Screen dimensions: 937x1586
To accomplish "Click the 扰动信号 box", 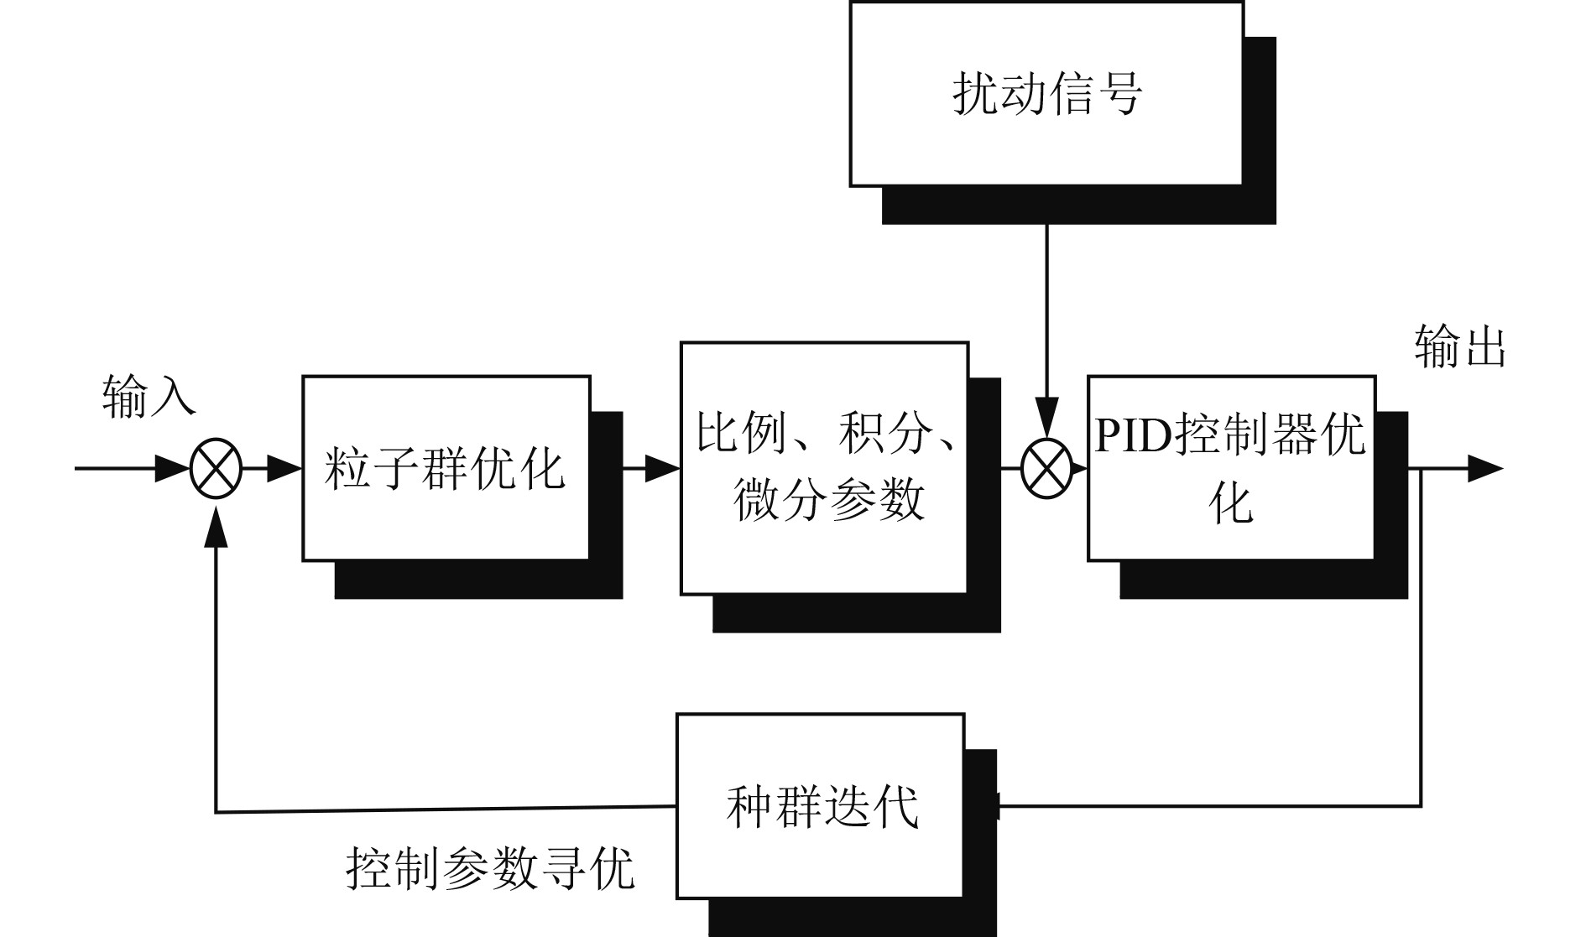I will coord(1046,93).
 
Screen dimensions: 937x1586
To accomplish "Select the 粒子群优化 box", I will coord(446,467).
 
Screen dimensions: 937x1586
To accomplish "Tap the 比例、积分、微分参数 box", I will coord(824,467).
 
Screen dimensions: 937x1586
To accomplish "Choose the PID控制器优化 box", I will coord(1231,467).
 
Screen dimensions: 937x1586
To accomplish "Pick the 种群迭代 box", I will coord(820,806).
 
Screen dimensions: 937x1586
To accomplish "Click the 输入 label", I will coord(149,396).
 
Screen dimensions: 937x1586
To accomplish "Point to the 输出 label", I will coord(1459,346).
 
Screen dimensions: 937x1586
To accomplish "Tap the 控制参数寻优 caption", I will coord(490,868).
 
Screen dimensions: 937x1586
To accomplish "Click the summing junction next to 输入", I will coord(216,468).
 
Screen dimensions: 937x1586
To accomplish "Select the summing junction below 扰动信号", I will coord(1046,468).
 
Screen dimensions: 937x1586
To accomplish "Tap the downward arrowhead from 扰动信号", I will coord(1046,415).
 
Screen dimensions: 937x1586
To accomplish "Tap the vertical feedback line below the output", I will coord(1420,638).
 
